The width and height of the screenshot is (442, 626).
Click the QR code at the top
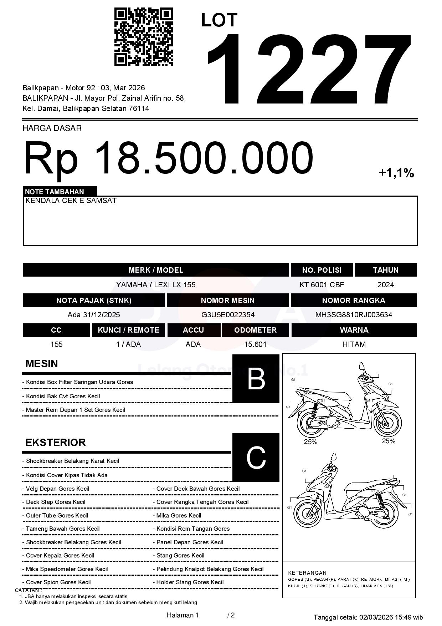tap(143, 37)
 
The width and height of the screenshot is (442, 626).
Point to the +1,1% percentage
tap(396, 173)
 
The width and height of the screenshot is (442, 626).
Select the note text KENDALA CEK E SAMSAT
tap(71, 201)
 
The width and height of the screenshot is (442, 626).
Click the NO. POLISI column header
tap(322, 270)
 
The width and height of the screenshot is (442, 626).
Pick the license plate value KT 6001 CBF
tap(322, 285)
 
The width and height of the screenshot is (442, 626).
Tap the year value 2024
tap(385, 285)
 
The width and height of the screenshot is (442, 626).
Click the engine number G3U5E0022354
tap(228, 315)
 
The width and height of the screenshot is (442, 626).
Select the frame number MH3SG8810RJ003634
tap(354, 315)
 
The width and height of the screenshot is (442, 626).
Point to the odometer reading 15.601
tap(255, 344)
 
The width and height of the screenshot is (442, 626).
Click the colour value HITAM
tap(354, 344)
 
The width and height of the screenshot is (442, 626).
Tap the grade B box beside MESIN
tap(256, 379)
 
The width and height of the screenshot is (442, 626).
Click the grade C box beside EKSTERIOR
tap(256, 457)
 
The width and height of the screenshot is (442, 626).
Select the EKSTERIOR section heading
tap(56, 443)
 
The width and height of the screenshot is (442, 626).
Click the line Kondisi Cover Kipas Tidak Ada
tap(67, 475)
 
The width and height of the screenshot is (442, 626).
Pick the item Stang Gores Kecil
tap(180, 555)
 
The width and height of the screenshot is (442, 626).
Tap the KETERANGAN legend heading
tap(307, 573)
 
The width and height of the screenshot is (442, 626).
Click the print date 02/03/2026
tap(376, 617)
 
